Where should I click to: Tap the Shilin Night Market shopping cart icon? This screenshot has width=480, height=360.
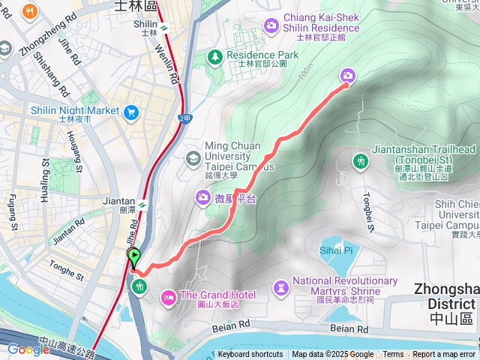pyautogui.click(x=132, y=111)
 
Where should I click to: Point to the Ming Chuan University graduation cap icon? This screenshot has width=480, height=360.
pyautogui.click(x=193, y=157)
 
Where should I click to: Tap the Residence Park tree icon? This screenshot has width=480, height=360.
pyautogui.click(x=215, y=55)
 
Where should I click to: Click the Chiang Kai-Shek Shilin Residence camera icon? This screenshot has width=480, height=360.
pyautogui.click(x=271, y=27)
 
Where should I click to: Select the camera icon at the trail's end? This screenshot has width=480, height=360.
pyautogui.click(x=348, y=75)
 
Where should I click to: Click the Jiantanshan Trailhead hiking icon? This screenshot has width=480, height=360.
pyautogui.click(x=361, y=160)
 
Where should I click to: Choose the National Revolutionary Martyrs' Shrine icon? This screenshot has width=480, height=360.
pyautogui.click(x=281, y=286)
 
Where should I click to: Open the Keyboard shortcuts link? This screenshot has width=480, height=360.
pyautogui.click(x=250, y=355)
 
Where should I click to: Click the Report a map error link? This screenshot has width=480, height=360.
pyautogui.click(x=444, y=355)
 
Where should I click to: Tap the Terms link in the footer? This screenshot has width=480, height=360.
pyautogui.click(x=393, y=355)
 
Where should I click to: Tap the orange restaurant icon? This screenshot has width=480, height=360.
pyautogui.click(x=30, y=10)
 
